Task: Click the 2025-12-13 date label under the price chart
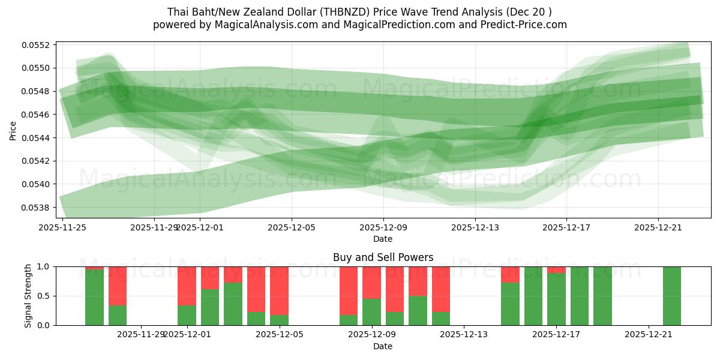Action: [x=475, y=227]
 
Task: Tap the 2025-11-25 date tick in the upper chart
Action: [x=62, y=227]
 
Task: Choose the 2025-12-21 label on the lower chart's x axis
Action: [x=649, y=334]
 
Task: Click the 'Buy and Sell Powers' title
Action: [x=383, y=257]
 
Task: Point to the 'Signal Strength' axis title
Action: [x=28, y=296]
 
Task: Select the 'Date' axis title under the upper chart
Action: [x=383, y=239]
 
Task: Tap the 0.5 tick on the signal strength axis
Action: [x=44, y=296]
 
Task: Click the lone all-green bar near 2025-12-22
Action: [x=672, y=296]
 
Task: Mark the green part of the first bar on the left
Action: [x=94, y=297]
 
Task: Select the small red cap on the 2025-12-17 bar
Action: [x=556, y=269]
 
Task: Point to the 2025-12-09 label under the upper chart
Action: [x=383, y=227]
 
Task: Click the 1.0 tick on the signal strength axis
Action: [x=44, y=266]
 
